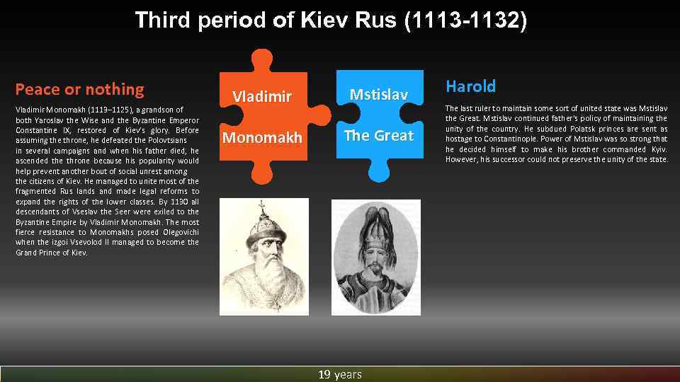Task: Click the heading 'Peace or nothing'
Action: click(x=79, y=89)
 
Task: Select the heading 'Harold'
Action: click(x=470, y=86)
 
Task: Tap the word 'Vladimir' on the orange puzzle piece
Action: click(x=262, y=96)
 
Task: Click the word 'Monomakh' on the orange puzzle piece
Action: click(x=262, y=137)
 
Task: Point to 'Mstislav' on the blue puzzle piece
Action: click(x=378, y=93)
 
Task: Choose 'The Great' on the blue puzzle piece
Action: click(x=378, y=135)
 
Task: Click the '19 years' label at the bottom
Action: click(x=340, y=374)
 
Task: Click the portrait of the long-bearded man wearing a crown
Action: click(x=263, y=256)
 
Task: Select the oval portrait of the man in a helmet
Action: click(x=375, y=256)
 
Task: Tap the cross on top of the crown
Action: click(x=263, y=207)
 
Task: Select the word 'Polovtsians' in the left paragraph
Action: click(x=164, y=140)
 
